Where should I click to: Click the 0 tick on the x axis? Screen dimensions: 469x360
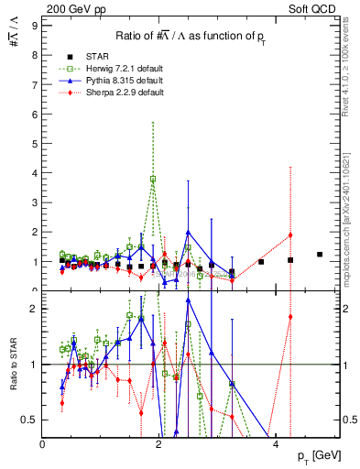pyautogui.click(x=43, y=444)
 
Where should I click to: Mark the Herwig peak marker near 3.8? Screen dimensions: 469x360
pyautogui.click(x=153, y=179)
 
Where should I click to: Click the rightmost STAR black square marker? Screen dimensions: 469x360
pyautogui.click(x=320, y=255)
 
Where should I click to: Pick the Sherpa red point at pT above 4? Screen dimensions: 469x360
pyautogui.click(x=290, y=234)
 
